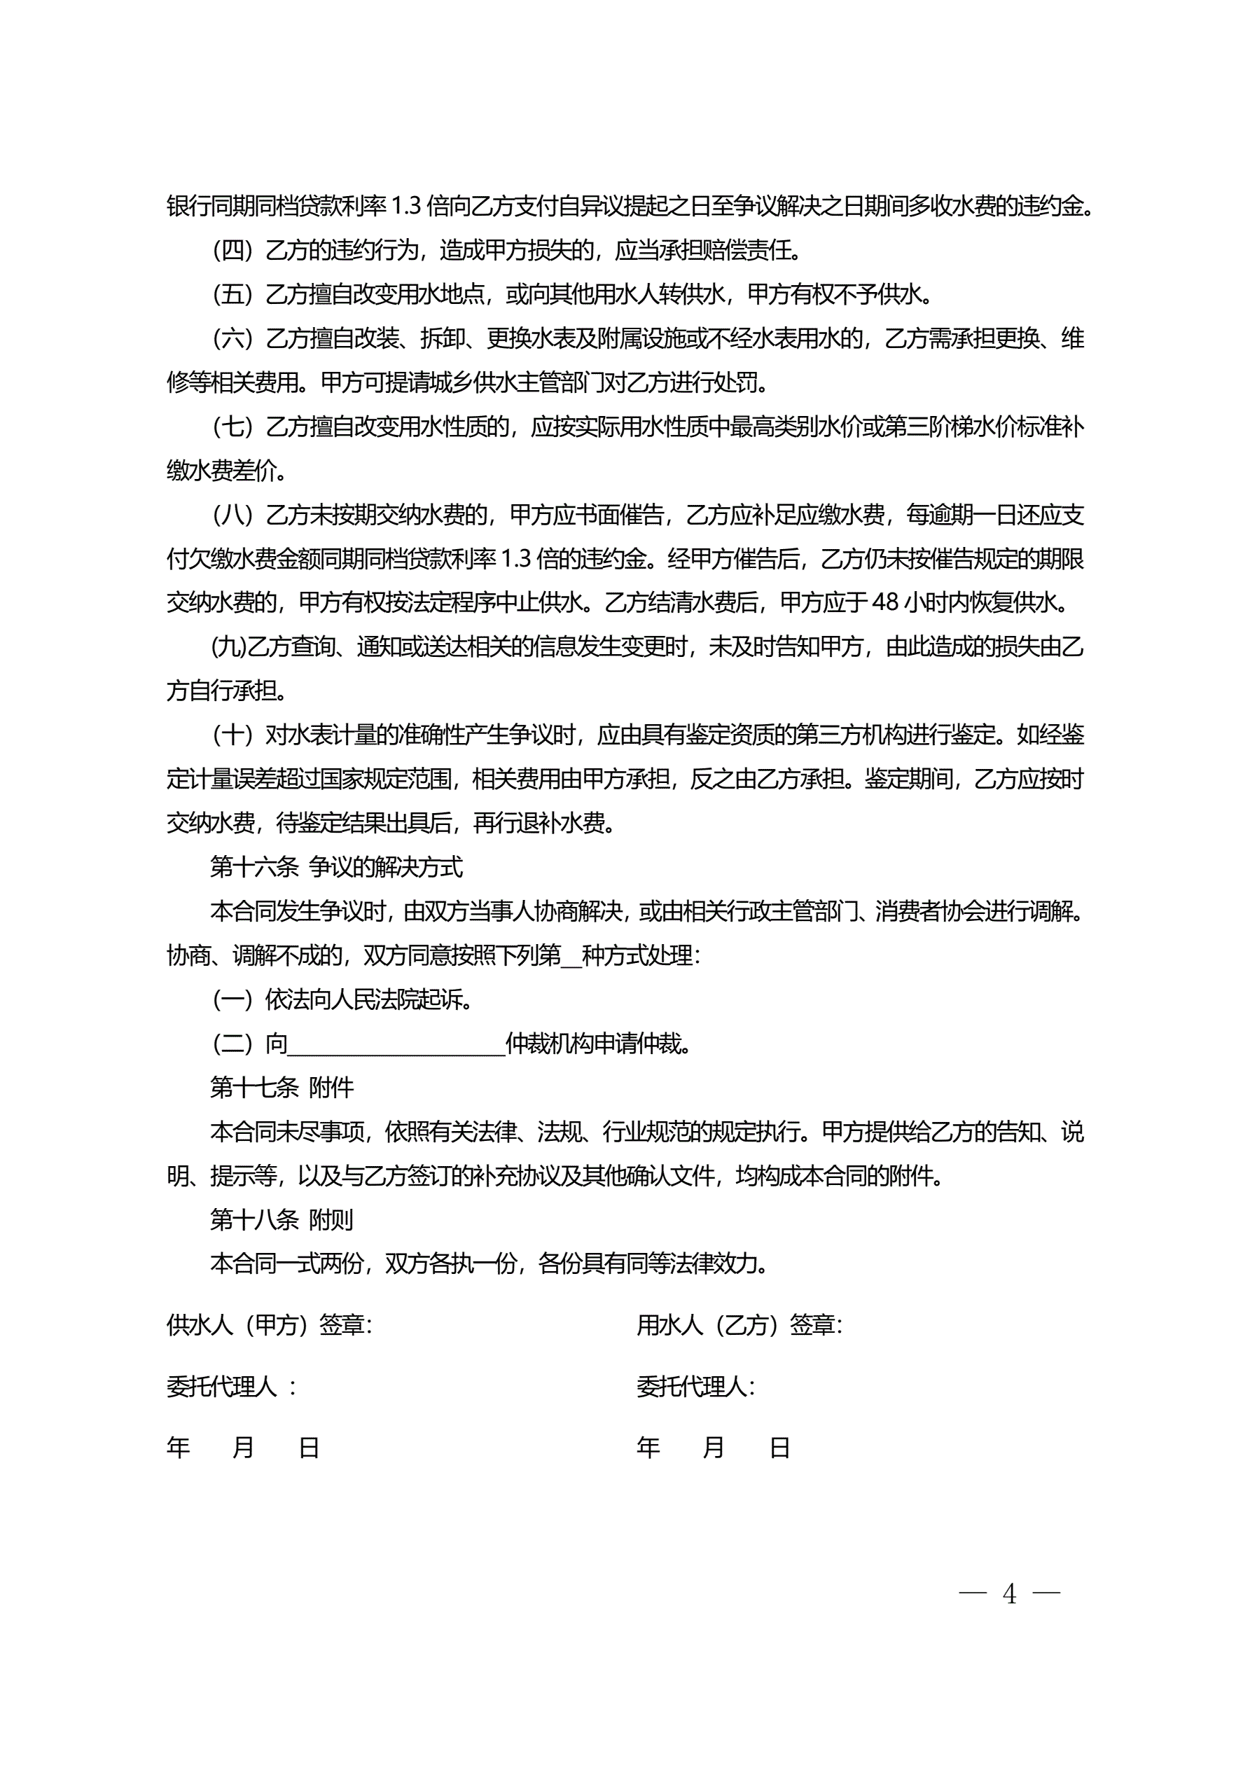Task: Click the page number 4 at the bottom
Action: tap(1009, 1594)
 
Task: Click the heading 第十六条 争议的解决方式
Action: tap(336, 867)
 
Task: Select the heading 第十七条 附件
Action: tap(282, 1088)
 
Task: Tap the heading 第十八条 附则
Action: tap(282, 1220)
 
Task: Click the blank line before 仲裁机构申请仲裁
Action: tap(396, 1045)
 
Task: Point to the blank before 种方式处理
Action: tap(571, 957)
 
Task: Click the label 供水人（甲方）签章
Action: tap(269, 1325)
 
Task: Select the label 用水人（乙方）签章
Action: tap(739, 1325)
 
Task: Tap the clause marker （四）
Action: tap(232, 250)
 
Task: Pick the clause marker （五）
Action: tap(232, 294)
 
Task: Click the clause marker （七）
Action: tap(232, 427)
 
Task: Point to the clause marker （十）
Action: tap(232, 735)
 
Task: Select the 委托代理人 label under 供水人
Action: tap(223, 1387)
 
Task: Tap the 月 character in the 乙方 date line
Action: tap(714, 1448)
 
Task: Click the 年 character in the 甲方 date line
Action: tap(179, 1448)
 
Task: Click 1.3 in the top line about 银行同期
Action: tap(407, 206)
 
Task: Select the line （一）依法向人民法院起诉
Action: tap(342, 999)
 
